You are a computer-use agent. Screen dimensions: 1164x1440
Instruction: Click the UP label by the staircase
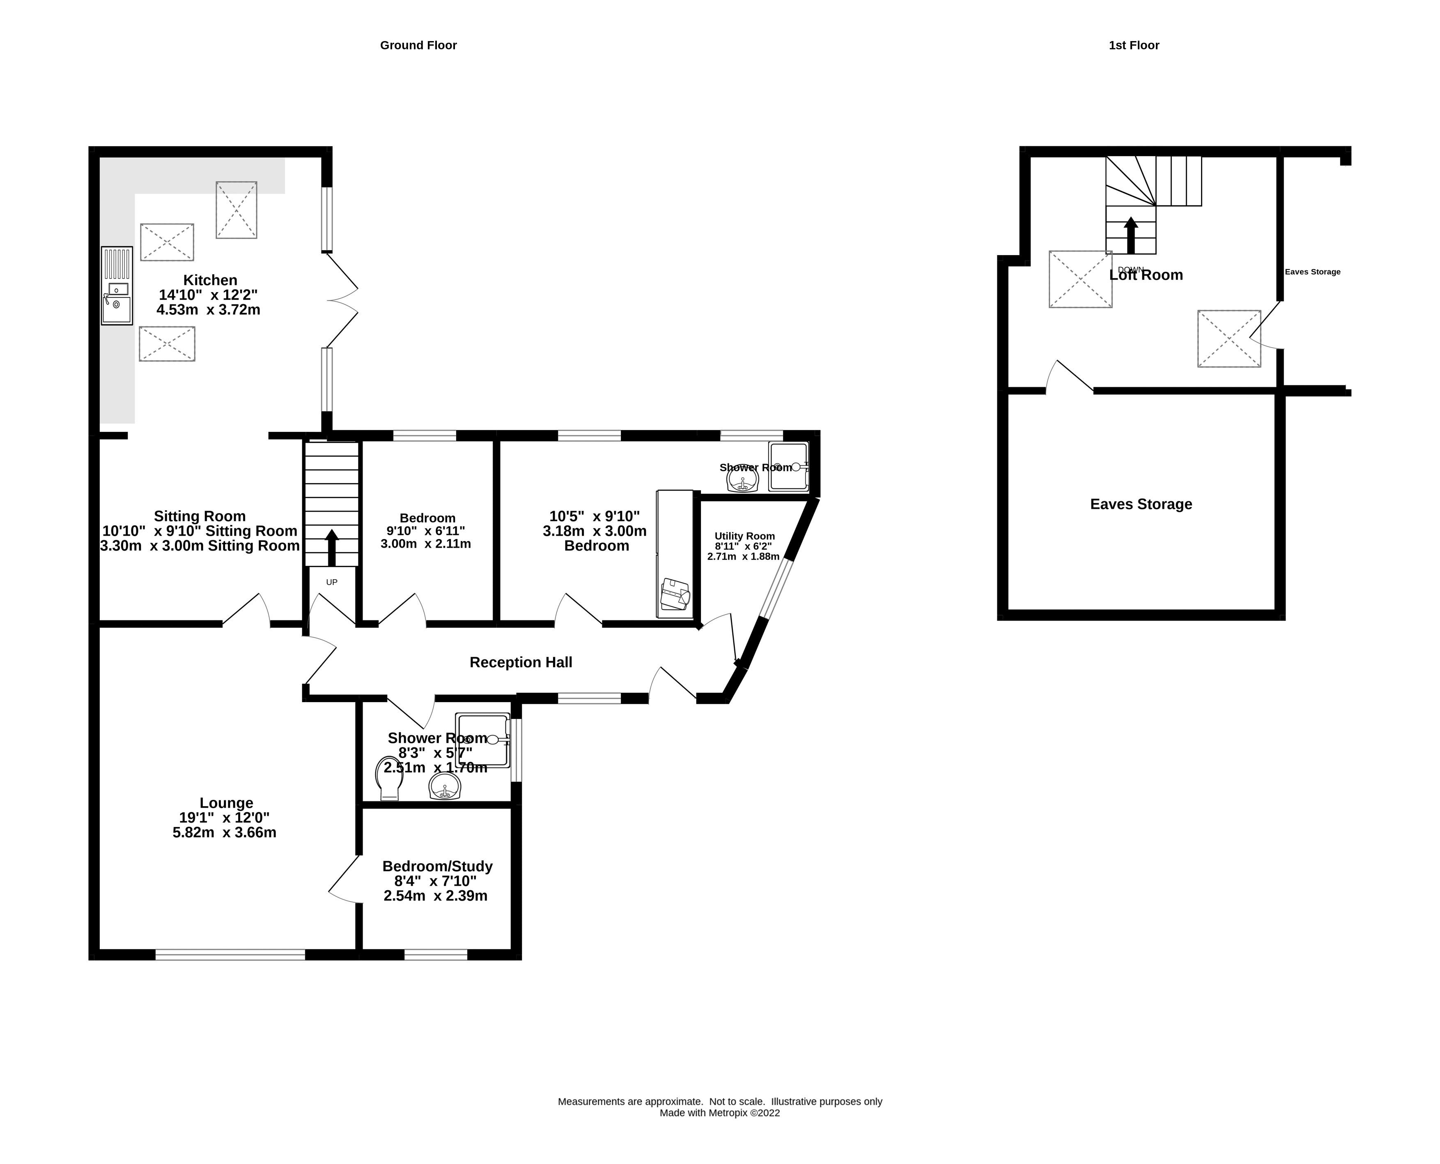[332, 582]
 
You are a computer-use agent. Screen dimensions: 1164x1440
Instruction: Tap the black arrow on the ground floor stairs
[332, 546]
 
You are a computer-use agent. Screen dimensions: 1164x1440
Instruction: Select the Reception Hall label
[521, 662]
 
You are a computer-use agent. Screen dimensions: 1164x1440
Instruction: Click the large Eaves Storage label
[1141, 504]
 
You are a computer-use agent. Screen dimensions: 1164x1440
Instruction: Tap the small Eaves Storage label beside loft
[1312, 272]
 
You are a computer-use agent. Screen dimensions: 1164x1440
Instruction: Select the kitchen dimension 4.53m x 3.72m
[209, 310]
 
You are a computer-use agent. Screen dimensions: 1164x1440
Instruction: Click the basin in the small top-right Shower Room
[742, 479]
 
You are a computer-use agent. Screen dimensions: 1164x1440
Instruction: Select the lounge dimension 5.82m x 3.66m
[225, 833]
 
